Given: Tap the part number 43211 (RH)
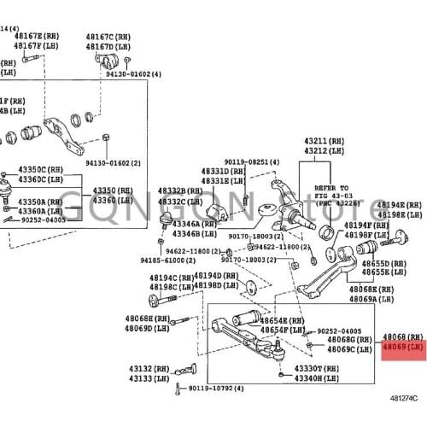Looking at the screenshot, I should [x=324, y=141].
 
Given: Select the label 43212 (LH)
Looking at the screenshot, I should [x=324, y=150].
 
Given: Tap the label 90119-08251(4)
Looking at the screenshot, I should [x=252, y=161].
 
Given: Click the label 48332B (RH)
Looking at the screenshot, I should [x=178, y=191].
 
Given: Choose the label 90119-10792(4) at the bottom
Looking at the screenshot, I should [x=215, y=388].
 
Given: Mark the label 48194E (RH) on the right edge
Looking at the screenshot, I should [x=401, y=206].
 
